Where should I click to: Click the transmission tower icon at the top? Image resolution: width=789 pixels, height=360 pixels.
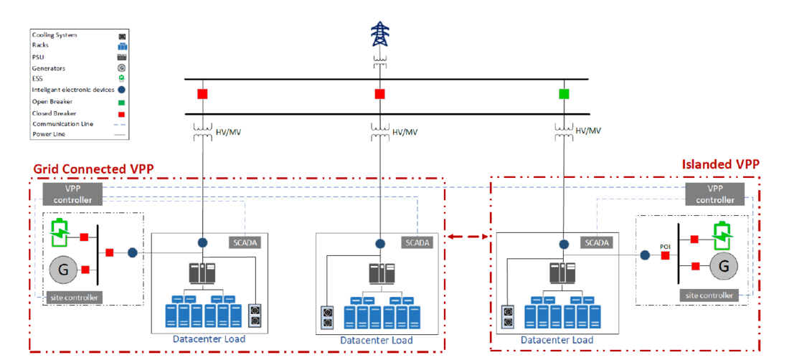click(378, 34)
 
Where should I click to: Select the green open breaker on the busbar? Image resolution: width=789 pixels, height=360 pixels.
click(564, 94)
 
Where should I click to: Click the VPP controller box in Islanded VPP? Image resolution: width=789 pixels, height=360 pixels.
click(714, 194)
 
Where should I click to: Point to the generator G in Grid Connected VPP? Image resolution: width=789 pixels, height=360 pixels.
click(63, 270)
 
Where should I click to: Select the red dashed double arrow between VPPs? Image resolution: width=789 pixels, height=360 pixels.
click(467, 236)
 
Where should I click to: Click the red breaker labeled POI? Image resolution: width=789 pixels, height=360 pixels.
click(665, 255)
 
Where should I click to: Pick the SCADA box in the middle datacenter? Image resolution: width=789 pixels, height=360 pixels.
click(417, 242)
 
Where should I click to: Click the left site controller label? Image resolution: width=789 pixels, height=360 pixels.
click(73, 297)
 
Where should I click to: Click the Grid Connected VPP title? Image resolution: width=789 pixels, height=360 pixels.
click(94, 169)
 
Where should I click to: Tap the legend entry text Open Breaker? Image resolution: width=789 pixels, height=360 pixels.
click(54, 102)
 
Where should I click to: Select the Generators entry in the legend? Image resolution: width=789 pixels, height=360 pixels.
click(49, 67)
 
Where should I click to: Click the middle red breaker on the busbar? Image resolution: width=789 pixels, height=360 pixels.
click(379, 94)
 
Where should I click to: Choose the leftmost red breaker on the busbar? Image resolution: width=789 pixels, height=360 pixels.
click(202, 94)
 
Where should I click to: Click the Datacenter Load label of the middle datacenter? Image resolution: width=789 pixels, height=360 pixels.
click(376, 340)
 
